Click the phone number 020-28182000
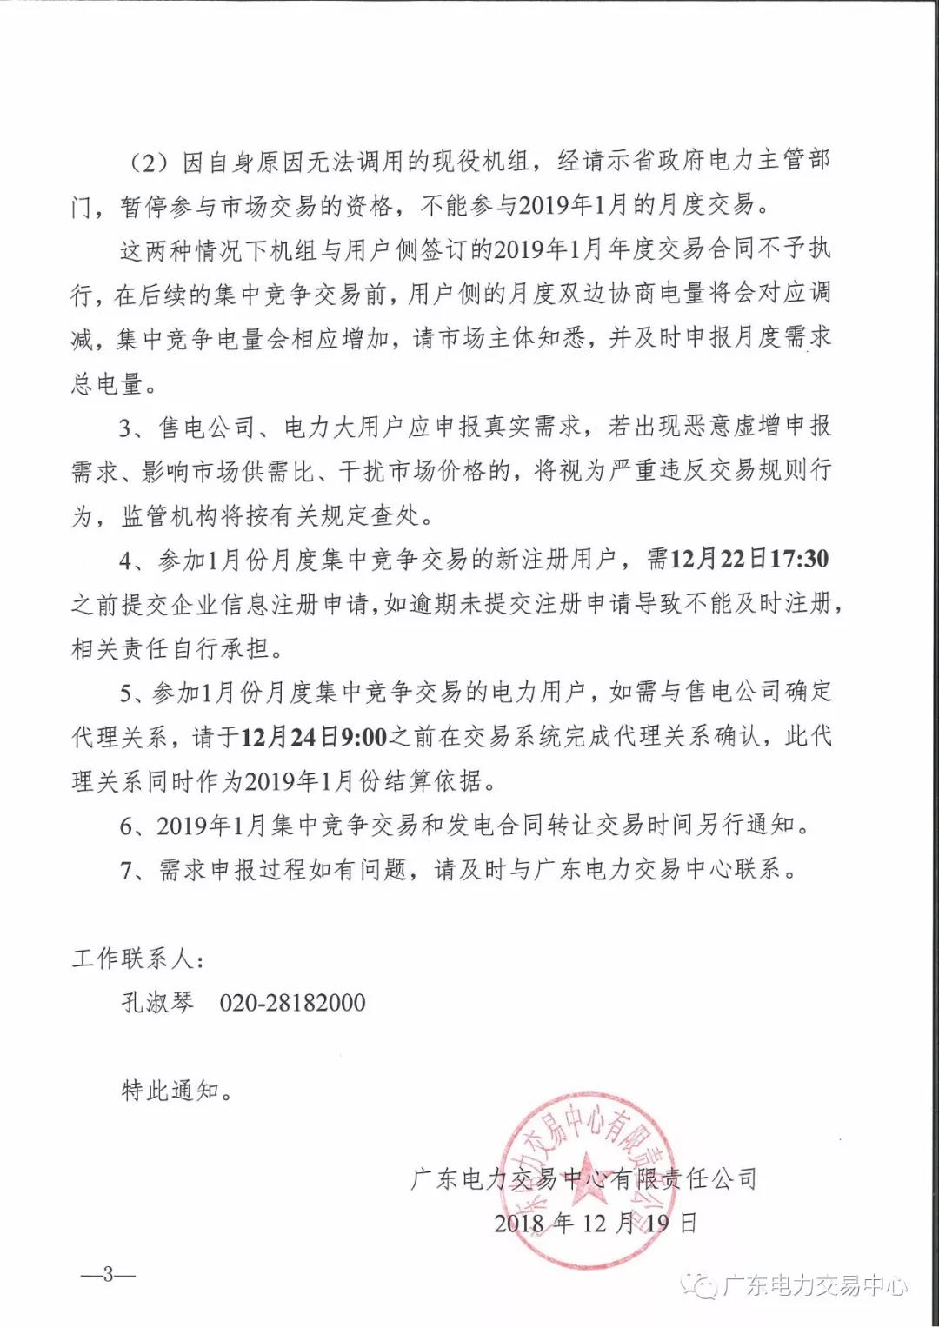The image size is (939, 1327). [x=292, y=1003]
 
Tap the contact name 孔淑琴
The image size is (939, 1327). [x=157, y=1003]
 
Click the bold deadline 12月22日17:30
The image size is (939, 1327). [x=749, y=559]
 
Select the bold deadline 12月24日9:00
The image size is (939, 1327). [x=314, y=737]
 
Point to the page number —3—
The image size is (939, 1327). [x=108, y=1275]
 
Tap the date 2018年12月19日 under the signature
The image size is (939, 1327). [x=596, y=1224]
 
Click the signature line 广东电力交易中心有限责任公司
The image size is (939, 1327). [x=584, y=1179]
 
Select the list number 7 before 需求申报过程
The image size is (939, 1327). [x=127, y=869]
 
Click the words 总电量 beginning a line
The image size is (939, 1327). [x=107, y=382]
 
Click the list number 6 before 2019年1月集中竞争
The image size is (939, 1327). [x=127, y=825]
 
